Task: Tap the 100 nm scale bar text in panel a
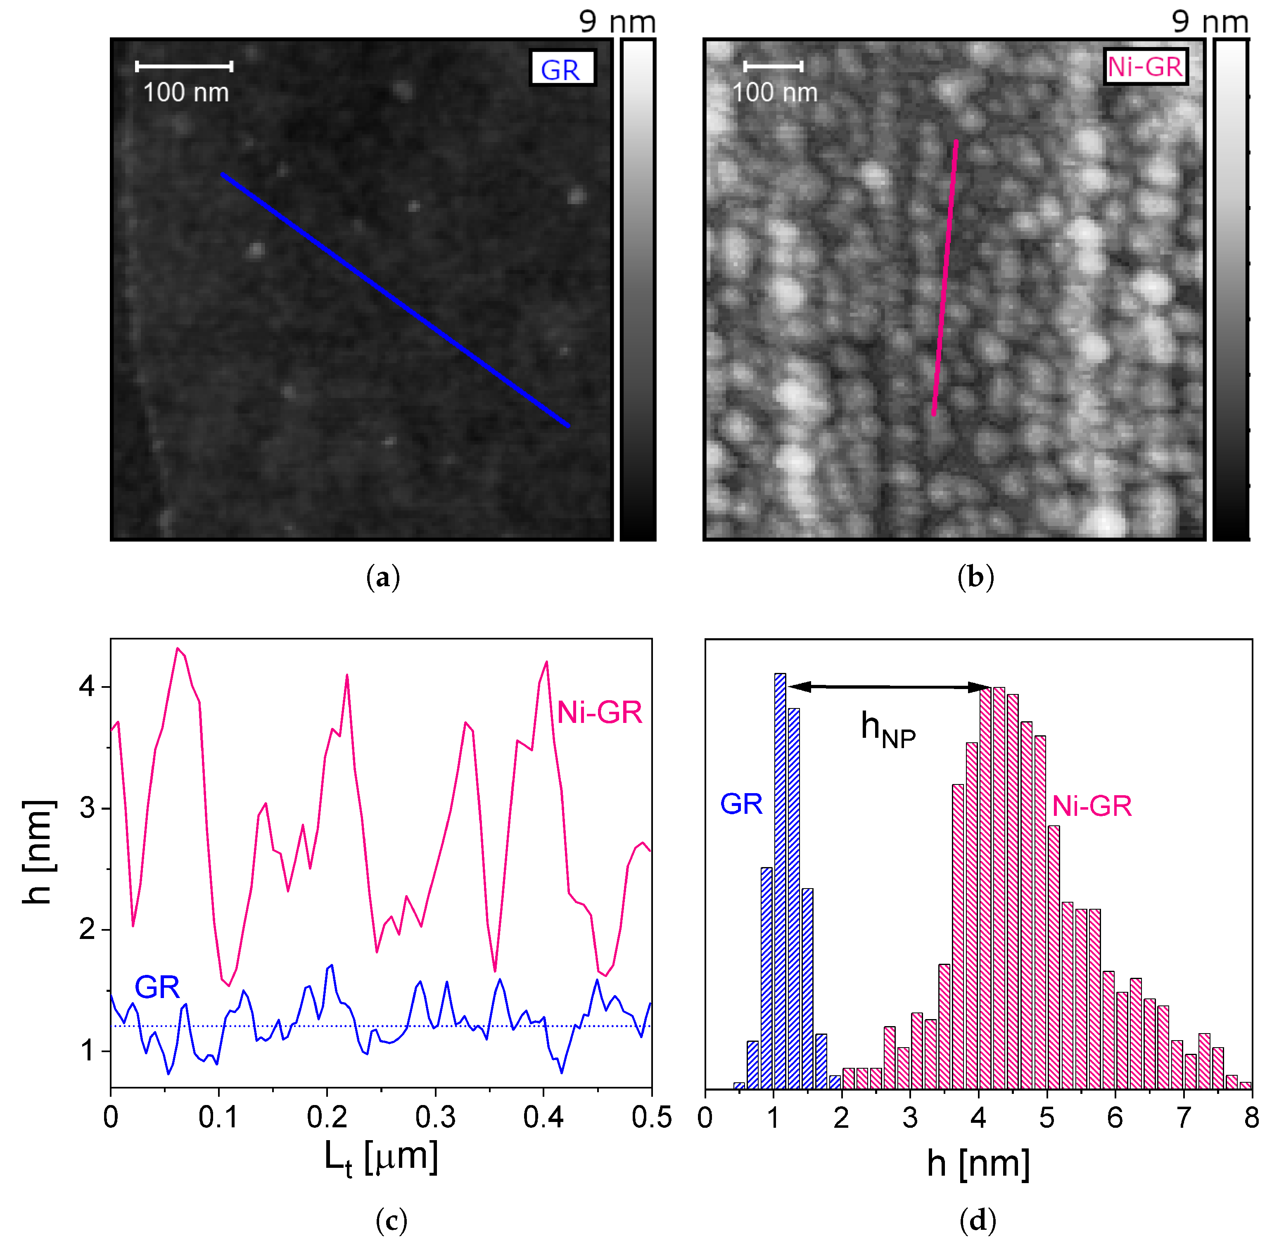coord(186,93)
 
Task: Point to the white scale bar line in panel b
coord(773,66)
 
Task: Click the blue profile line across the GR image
coord(395,299)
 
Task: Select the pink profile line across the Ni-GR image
coord(945,278)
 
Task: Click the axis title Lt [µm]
coord(381,1160)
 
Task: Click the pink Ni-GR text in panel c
coord(599,712)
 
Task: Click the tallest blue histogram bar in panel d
coord(780,881)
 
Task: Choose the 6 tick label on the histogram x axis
coord(1115,1118)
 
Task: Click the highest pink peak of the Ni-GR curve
coord(178,649)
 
